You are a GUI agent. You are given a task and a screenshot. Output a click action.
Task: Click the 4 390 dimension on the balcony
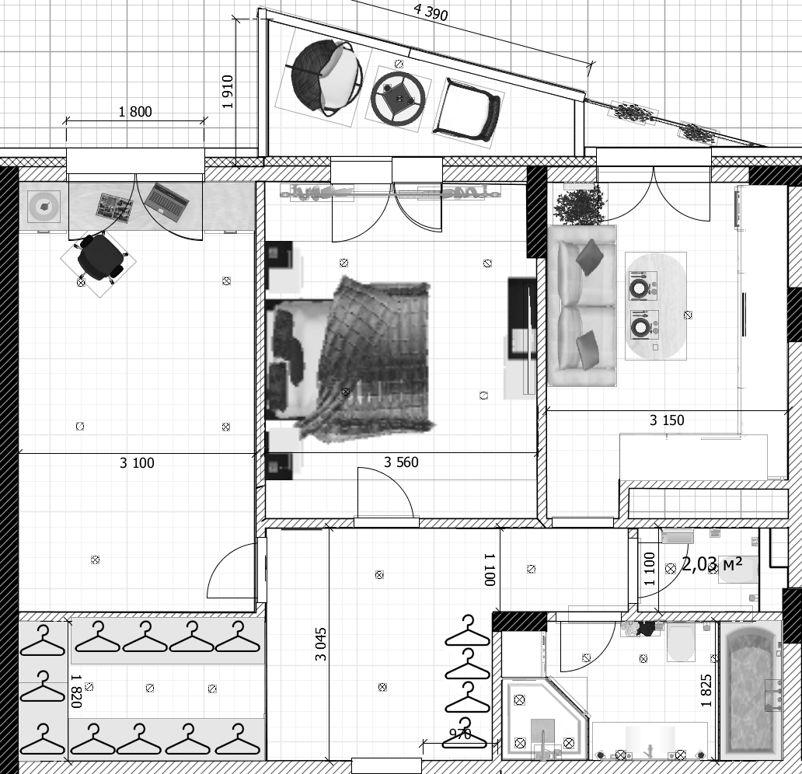431,12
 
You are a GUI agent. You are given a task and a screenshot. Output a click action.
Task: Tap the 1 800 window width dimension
135,112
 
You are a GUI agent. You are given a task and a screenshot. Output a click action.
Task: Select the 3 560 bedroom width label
401,462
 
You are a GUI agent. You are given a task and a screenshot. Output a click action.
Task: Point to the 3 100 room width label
137,463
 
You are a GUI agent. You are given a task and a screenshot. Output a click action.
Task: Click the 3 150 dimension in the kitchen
667,420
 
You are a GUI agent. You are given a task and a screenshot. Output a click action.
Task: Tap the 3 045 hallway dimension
320,644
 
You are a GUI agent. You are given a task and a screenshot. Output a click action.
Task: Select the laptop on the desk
166,201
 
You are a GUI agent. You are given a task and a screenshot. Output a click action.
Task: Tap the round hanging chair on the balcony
326,76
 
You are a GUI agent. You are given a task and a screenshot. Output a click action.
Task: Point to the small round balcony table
399,96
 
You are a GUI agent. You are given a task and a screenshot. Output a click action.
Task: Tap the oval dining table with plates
656,305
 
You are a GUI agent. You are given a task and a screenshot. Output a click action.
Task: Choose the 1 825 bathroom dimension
706,690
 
